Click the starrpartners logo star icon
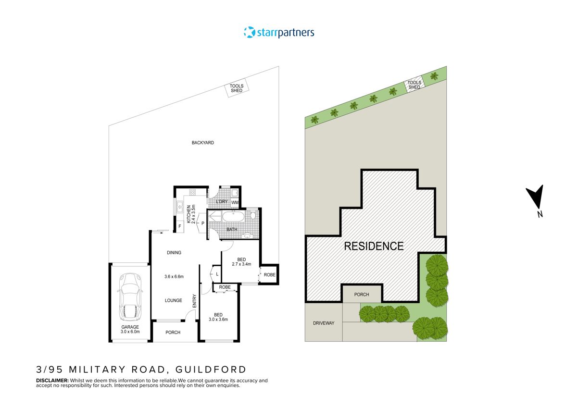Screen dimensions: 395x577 click(249, 33)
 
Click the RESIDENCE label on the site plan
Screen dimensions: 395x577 click(374, 246)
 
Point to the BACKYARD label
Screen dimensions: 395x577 click(202, 143)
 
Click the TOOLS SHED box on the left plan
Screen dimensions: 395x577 click(236, 89)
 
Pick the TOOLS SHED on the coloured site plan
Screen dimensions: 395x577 click(414, 85)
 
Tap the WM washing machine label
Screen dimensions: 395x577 click(235, 203)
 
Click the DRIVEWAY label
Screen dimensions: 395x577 click(323, 323)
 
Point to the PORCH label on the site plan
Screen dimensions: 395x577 click(362, 295)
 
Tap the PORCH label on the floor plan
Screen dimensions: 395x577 click(173, 333)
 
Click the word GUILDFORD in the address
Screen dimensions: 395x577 click(210, 370)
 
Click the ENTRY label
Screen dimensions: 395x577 click(194, 301)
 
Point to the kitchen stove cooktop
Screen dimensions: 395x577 click(192, 193)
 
